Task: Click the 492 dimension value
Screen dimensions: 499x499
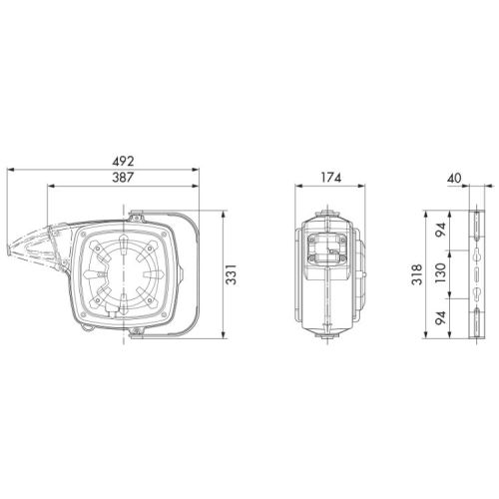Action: coord(123,162)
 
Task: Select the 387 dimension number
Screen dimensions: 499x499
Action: coord(123,178)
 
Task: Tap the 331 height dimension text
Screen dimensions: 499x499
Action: coord(231,274)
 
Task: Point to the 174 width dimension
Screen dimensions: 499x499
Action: coord(330,178)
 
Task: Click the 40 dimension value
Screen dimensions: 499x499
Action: coord(454,179)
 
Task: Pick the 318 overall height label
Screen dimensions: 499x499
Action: coord(416,274)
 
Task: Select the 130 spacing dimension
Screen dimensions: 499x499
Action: coord(440,273)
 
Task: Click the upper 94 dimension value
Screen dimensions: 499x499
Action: coord(440,230)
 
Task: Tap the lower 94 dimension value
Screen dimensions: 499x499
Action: coord(440,318)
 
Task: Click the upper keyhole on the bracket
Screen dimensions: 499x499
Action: coord(477,254)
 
